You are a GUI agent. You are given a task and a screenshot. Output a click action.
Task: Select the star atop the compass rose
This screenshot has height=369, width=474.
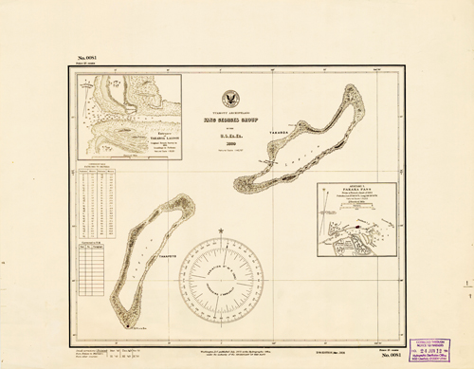point(220,231)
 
